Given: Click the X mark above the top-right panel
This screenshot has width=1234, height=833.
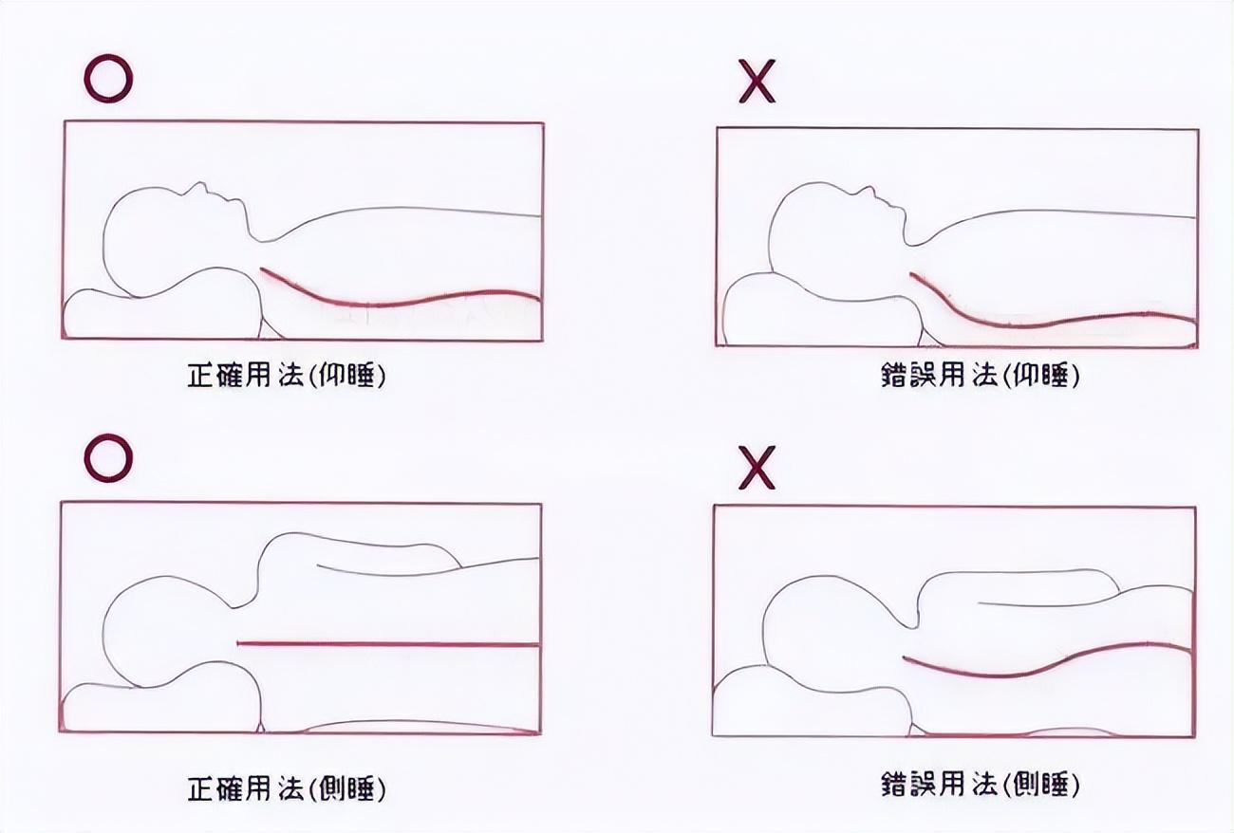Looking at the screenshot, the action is [757, 82].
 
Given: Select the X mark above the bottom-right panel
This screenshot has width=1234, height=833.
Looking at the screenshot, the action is [757, 468].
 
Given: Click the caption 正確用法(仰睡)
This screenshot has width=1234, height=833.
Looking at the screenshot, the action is [287, 376].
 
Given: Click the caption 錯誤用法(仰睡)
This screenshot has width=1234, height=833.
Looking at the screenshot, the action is [981, 376].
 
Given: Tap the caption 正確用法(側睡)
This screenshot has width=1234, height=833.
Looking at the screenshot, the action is [287, 788].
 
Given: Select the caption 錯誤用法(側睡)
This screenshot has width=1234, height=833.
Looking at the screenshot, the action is [981, 784].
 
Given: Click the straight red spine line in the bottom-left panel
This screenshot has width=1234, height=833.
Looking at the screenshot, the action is [388, 643].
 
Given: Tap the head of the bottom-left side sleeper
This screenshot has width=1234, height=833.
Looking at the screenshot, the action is [165, 633].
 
